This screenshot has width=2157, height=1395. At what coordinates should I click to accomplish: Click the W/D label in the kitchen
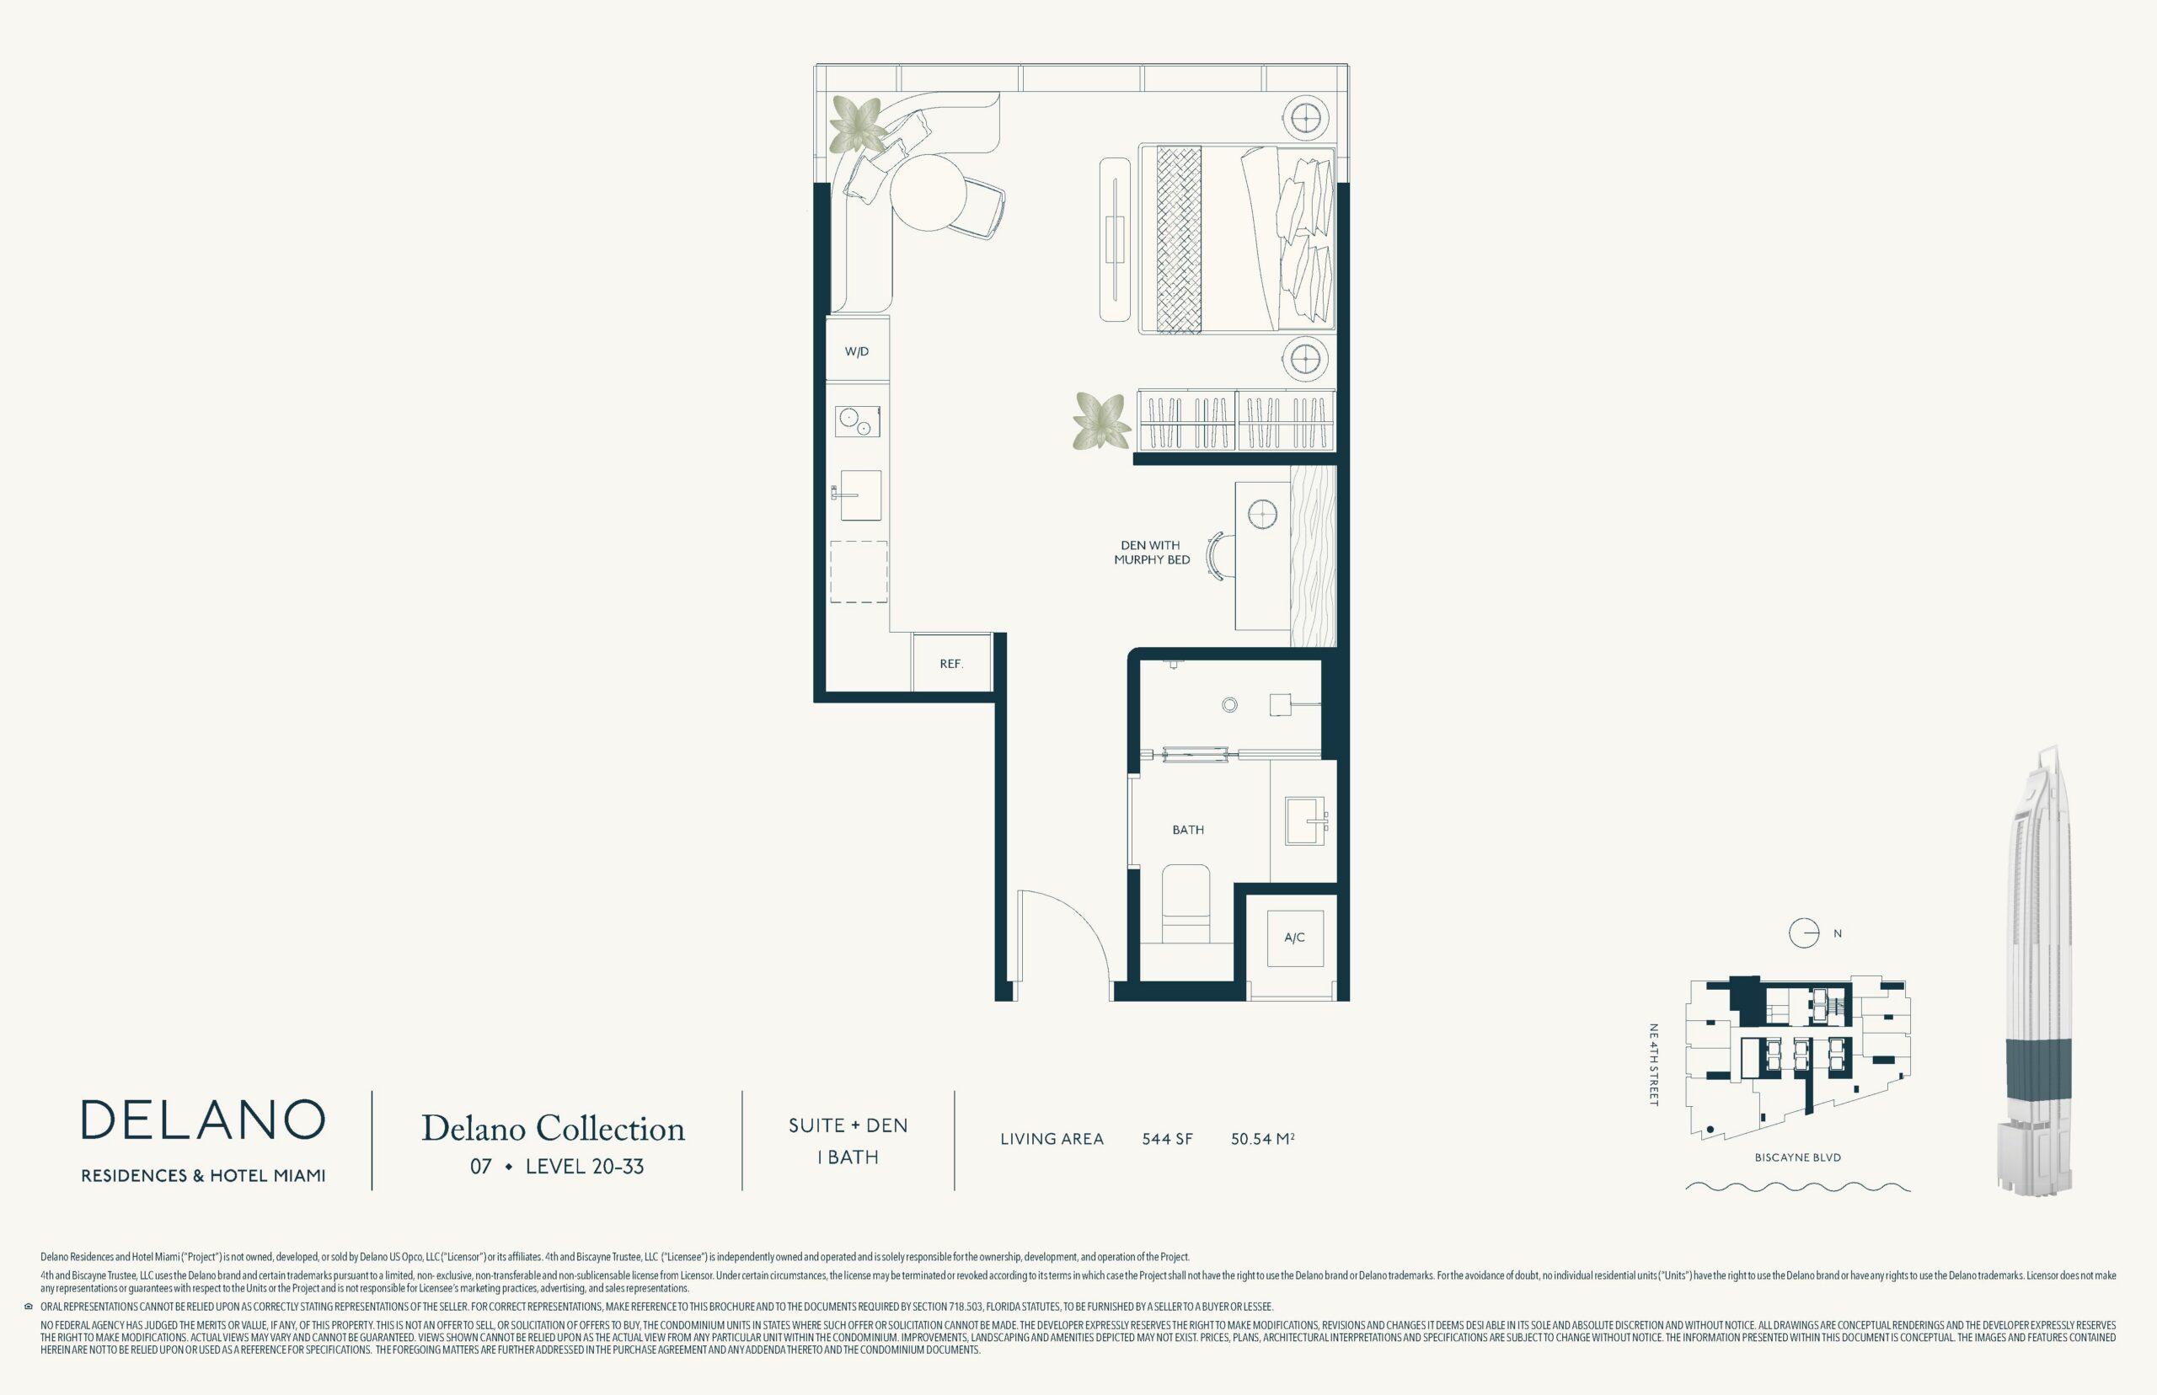(856, 351)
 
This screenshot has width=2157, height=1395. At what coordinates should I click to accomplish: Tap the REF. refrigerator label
(951, 664)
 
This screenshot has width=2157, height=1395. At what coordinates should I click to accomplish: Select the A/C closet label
(1293, 938)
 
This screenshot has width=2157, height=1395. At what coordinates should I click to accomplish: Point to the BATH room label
(1188, 830)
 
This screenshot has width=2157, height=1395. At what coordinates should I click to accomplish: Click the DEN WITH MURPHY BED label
(1152, 553)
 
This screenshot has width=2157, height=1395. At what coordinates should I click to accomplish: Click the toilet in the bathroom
(1186, 904)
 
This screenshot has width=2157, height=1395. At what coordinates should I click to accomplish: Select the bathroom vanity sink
(1304, 820)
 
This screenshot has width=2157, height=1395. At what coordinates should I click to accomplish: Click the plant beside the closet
(1101, 421)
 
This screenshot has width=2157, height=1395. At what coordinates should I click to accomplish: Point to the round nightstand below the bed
(1304, 361)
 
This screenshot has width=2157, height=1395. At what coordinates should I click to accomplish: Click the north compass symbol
(1804, 933)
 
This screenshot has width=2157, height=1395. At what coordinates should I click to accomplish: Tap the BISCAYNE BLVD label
(1797, 1157)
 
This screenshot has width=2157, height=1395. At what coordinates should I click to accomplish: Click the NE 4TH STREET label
(1652, 1065)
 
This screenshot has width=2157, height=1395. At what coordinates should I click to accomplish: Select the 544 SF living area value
(1167, 1140)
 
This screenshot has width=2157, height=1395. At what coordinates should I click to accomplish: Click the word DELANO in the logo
(203, 1120)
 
